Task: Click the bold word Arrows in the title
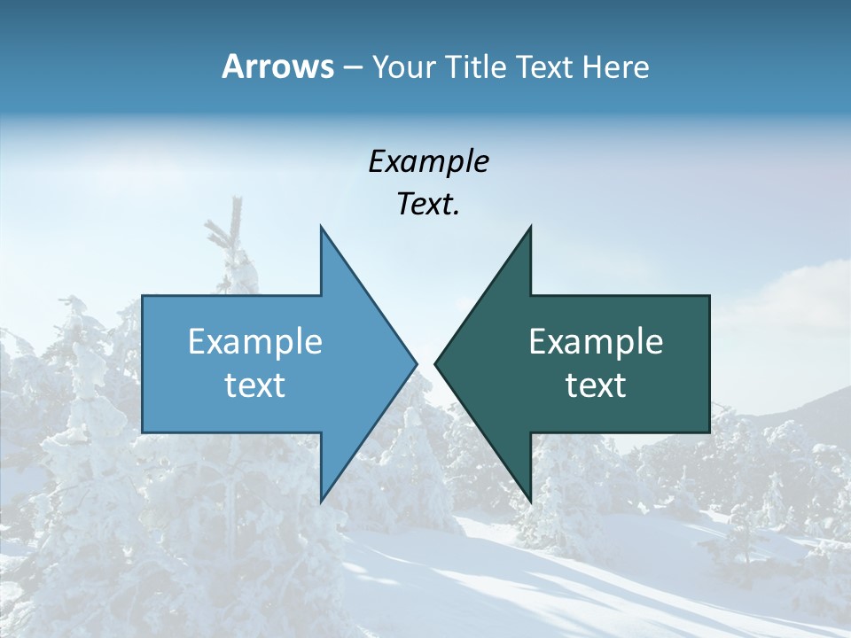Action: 277,67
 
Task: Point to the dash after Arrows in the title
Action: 352,68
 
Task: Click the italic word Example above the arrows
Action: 429,162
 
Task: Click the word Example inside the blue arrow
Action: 255,342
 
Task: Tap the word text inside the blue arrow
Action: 255,385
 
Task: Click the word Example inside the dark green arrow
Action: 596,342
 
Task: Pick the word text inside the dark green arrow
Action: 596,385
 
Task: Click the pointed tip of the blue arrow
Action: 415,363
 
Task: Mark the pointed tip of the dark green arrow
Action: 436,363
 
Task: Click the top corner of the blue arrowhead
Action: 321,228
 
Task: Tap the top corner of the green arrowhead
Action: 530,228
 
